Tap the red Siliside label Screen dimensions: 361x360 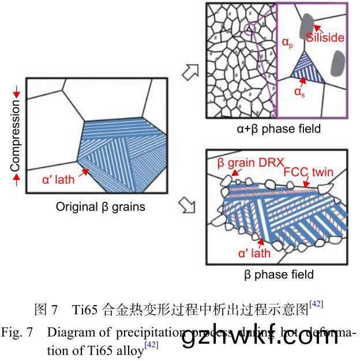(325, 38)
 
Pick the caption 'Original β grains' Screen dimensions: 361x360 (100, 206)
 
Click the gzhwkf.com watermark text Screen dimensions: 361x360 (260, 339)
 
